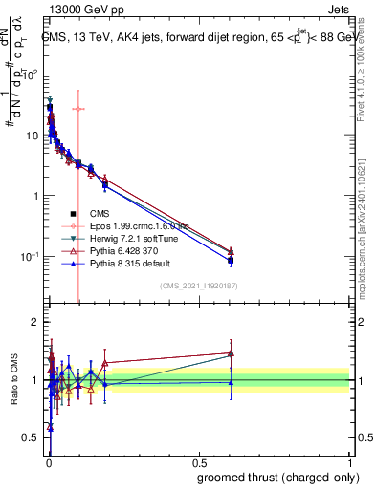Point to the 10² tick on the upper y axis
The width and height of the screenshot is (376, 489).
tap(29, 74)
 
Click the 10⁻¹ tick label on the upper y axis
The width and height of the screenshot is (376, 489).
tap(29, 256)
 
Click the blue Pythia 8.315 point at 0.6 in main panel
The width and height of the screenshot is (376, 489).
tap(231, 260)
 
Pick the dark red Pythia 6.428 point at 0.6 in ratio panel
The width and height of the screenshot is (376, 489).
tap(231, 352)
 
